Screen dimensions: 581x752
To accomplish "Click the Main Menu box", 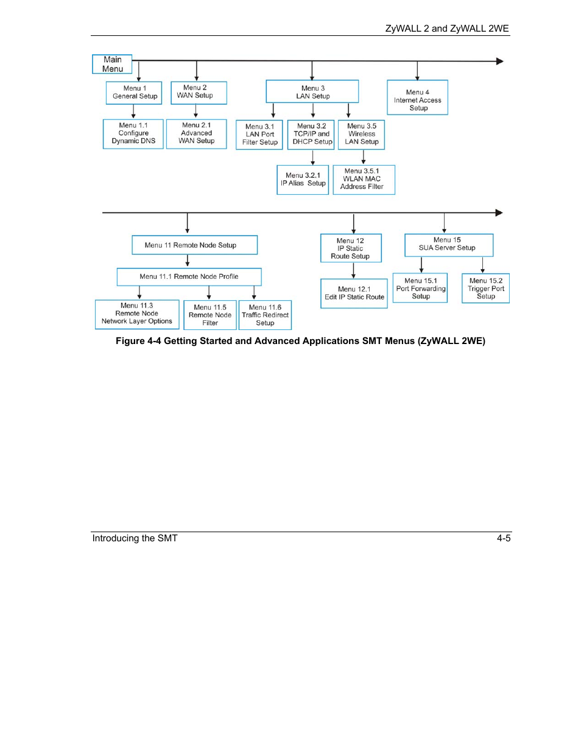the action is click(x=112, y=64).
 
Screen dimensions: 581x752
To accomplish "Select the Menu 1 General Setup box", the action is click(x=134, y=93).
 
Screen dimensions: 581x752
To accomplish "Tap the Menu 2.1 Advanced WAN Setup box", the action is click(x=197, y=134).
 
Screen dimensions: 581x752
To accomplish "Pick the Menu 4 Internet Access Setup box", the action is click(x=417, y=97).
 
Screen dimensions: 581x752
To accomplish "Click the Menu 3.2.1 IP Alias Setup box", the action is click(x=303, y=180).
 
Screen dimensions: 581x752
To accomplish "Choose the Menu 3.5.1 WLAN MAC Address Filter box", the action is click(x=364, y=180).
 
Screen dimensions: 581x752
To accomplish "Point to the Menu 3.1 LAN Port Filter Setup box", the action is click(x=259, y=135).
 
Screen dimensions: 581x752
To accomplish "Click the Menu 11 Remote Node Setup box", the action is click(x=194, y=245).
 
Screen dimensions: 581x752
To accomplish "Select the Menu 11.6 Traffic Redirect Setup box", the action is click(x=265, y=315).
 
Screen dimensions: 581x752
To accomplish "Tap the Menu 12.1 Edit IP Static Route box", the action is click(x=354, y=293).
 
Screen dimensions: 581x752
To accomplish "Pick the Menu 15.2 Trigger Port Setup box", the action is click(x=485, y=288).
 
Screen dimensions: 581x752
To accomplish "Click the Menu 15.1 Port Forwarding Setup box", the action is click(x=420, y=288).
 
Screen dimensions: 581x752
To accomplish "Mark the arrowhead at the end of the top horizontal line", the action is click(x=499, y=61).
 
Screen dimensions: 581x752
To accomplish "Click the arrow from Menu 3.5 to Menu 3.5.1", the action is click(x=364, y=156).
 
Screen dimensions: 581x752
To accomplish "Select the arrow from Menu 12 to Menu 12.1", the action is click(x=353, y=270).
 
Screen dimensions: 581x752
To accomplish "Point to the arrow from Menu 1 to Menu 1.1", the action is click(x=133, y=111).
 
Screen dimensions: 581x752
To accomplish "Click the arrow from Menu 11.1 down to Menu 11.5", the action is click(x=209, y=292).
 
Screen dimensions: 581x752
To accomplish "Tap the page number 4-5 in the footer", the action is click(x=504, y=538).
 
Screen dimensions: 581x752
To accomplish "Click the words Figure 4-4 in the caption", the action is click(x=138, y=341).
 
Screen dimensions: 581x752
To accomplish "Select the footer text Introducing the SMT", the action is click(x=135, y=538).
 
